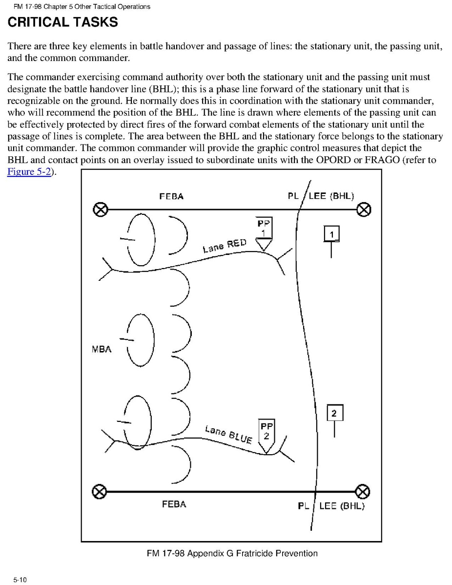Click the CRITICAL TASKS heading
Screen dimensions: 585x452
click(x=62, y=22)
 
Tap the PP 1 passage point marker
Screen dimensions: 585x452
click(x=264, y=233)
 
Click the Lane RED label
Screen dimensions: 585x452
click(x=225, y=245)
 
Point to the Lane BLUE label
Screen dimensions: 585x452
click(x=228, y=434)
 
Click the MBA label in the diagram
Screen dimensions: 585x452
click(x=102, y=349)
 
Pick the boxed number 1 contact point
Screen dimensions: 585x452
click(x=332, y=234)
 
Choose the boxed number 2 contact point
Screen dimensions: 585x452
click(x=334, y=413)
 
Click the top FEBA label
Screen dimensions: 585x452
click(x=171, y=196)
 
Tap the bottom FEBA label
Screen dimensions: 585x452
click(x=174, y=504)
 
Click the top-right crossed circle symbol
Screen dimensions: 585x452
click(x=364, y=210)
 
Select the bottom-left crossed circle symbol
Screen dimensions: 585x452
click(x=99, y=491)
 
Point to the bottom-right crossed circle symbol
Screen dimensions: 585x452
click(x=362, y=491)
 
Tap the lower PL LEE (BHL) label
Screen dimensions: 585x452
click(x=331, y=506)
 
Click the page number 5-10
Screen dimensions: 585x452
click(x=20, y=580)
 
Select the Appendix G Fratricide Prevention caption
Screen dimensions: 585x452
click(x=232, y=553)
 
